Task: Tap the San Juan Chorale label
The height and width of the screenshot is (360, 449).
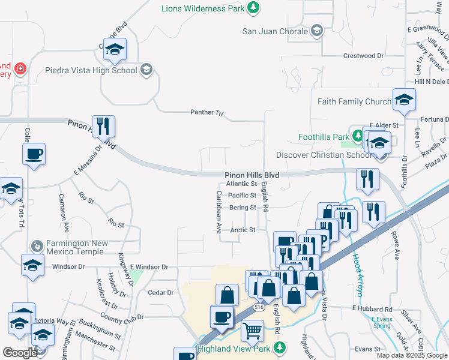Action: point(276,31)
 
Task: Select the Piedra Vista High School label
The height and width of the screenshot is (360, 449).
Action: point(91,70)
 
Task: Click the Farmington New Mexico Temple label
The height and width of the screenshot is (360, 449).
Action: point(77,247)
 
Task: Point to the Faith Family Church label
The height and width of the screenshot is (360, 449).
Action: point(354,101)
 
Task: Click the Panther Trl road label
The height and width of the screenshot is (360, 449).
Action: point(206,112)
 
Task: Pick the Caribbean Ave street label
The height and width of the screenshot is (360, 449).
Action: point(219,212)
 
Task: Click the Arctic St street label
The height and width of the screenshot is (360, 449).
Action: point(244,230)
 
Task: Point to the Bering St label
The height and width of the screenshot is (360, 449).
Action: point(243,208)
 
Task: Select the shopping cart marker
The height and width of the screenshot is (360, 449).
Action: point(253,331)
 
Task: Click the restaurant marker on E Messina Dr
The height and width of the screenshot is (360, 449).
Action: point(103,126)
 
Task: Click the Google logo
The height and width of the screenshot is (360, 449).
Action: point(20,353)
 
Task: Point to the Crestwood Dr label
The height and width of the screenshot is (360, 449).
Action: point(363,56)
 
